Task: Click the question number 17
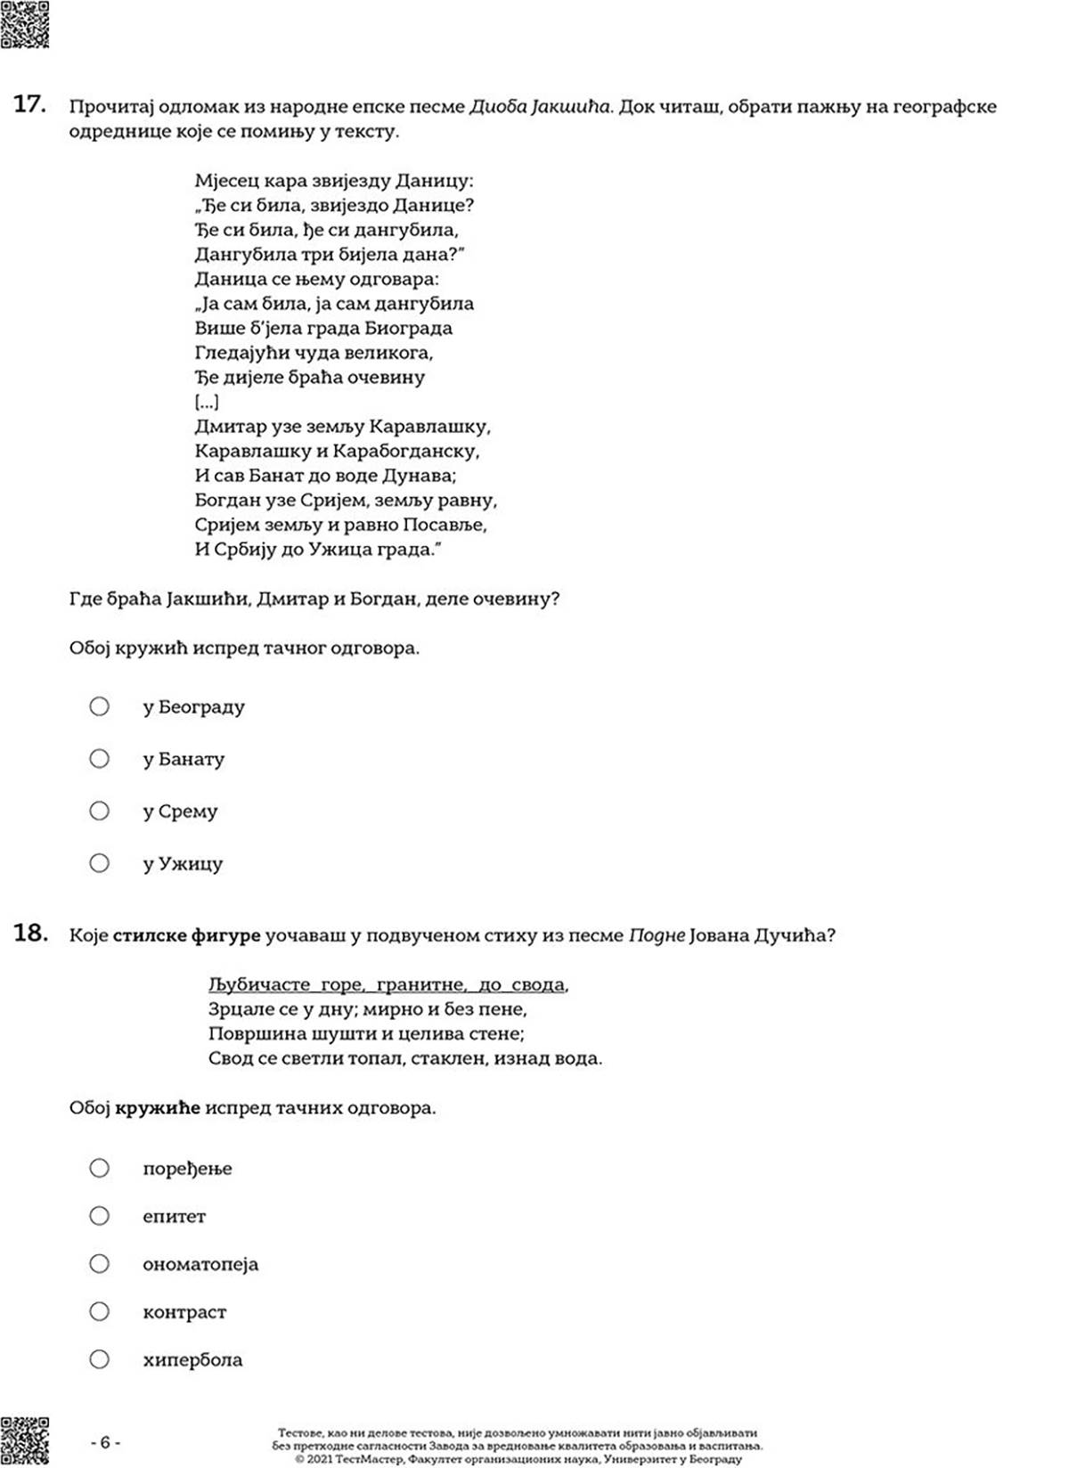29,104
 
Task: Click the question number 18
29,933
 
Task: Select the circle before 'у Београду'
99,706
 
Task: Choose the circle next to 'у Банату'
99,758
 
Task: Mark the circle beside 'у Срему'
99,811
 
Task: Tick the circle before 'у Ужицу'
99,862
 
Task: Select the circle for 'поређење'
99,1167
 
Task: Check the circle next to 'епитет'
99,1215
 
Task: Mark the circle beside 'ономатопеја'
99,1263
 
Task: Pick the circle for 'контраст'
99,1311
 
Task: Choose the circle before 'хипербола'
99,1359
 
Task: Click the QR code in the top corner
24,24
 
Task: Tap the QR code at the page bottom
24,1440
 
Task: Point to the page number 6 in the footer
105,1442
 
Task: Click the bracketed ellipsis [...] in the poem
206,402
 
